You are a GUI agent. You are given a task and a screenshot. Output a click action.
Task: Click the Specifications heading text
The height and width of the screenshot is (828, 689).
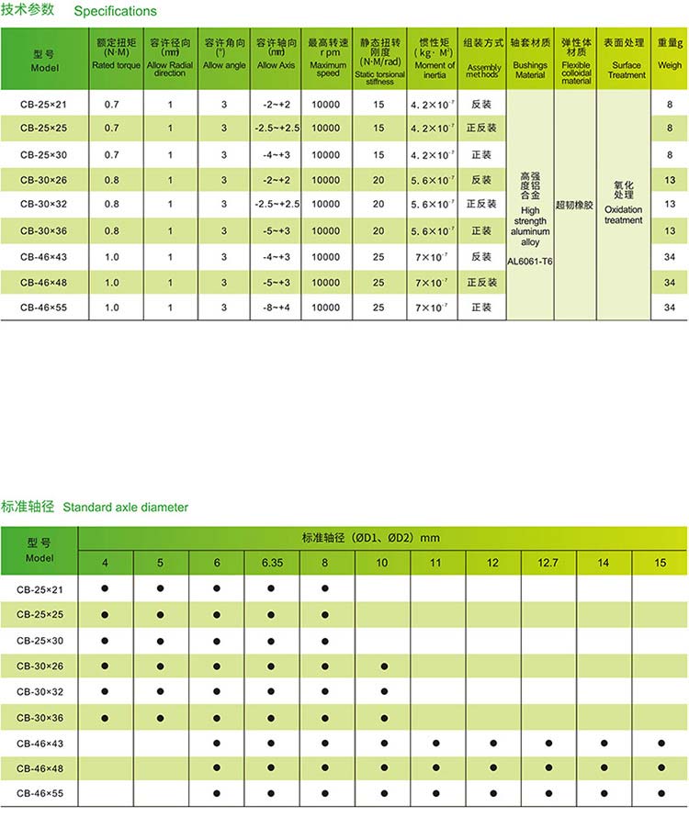point(115,12)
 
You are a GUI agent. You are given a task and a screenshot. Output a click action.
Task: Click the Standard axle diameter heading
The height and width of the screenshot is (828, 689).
point(125,507)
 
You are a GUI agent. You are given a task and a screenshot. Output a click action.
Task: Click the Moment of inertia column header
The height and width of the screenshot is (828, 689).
point(435,57)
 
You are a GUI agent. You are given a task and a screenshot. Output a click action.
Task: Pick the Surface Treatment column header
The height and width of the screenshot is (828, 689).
point(626,57)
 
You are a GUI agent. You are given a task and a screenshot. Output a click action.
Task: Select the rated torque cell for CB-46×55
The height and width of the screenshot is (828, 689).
point(111,308)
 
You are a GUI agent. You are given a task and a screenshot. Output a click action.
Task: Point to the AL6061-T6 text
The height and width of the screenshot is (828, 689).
point(530,260)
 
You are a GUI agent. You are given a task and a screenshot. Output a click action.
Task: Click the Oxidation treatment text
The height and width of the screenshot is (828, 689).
point(624,215)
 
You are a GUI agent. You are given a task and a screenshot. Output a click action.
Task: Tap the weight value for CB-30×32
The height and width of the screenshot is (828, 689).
point(670,204)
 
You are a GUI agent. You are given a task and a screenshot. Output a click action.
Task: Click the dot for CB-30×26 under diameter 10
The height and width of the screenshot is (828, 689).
point(383,666)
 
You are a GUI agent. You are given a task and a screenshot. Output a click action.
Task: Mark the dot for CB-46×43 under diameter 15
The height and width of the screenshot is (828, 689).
point(661,742)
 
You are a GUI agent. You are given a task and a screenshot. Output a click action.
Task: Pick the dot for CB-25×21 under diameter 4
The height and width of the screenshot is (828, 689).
point(106,587)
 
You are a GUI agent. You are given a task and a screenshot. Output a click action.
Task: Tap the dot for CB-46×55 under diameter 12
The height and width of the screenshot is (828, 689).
point(493,792)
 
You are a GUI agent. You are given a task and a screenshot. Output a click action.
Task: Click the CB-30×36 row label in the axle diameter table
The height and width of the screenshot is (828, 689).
point(44,717)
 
